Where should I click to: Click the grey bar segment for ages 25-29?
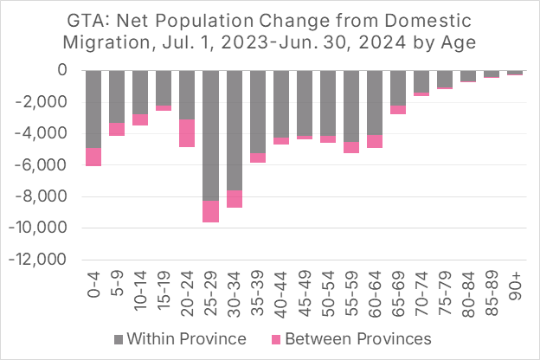210,135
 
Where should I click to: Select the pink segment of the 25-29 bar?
210,211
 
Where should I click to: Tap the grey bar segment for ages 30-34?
234,130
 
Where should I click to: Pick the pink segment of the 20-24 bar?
187,132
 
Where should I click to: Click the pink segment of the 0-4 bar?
93,157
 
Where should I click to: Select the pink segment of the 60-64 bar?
374,141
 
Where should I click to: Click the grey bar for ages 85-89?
491,74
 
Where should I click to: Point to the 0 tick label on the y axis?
61,70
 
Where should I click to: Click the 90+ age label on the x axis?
515,285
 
